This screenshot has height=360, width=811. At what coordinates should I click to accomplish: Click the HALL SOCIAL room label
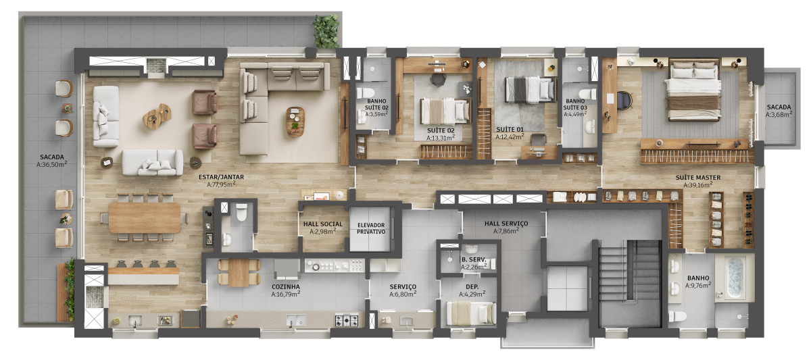323,224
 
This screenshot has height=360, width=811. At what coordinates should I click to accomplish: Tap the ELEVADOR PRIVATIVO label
371,228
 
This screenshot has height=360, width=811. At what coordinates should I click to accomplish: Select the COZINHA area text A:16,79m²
286,294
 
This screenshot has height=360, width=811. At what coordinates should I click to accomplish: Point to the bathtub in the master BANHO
735,278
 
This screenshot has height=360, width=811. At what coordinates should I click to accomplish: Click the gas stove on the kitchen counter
347,319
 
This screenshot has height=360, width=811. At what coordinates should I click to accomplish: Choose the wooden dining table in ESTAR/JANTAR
145,217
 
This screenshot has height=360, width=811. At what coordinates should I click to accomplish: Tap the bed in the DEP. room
471,313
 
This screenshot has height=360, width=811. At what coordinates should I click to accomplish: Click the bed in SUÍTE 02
445,111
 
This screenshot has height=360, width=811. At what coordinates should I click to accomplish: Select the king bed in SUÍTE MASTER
693,91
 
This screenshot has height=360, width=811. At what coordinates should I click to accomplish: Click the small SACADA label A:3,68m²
779,114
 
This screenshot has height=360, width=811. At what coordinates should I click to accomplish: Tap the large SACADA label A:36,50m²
52,164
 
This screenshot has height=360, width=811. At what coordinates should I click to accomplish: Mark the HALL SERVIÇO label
506,224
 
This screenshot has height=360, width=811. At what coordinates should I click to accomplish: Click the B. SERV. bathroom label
474,259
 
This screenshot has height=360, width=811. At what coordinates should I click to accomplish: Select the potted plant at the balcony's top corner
326,32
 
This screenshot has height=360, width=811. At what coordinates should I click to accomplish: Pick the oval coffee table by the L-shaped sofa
295,121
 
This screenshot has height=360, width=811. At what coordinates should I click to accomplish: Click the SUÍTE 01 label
510,129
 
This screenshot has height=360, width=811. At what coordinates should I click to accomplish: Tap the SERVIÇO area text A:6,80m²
403,294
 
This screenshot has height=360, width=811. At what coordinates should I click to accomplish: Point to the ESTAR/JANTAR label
221,177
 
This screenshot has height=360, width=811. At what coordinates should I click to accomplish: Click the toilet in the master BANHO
677,316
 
